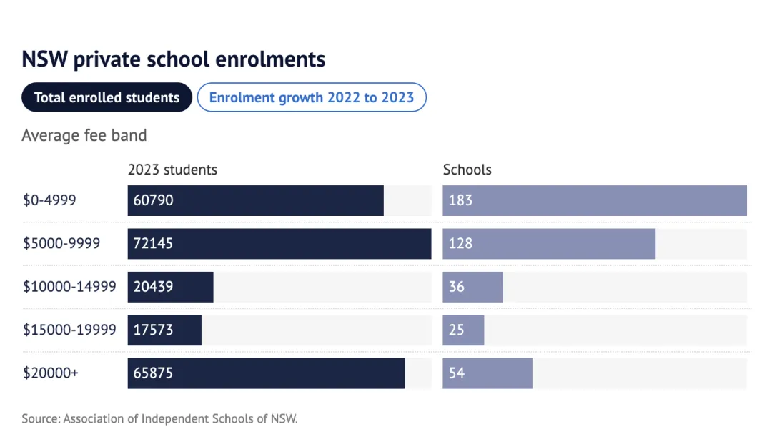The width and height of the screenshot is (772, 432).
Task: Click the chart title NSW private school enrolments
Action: [x=174, y=59]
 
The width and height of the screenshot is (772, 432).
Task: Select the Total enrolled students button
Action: [x=107, y=98]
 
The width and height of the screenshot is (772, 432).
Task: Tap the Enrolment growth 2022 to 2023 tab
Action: [x=312, y=98]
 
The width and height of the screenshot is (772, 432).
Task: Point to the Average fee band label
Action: [x=84, y=135]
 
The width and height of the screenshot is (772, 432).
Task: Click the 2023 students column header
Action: [x=172, y=170]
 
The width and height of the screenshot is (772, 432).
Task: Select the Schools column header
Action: [x=467, y=170]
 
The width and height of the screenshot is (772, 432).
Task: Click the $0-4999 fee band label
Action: [x=49, y=200]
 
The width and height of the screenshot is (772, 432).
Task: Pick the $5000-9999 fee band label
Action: [x=61, y=243]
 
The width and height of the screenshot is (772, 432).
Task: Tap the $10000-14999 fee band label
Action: [x=69, y=287]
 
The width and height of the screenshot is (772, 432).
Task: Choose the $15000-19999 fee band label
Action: [x=69, y=330]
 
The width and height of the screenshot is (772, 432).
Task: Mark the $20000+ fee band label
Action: [x=51, y=373]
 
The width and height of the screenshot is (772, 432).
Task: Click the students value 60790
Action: [x=153, y=200]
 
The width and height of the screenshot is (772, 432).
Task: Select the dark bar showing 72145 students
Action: [x=279, y=244]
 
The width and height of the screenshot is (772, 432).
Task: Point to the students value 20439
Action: [x=153, y=287]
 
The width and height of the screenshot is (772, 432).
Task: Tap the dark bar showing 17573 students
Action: [x=164, y=330]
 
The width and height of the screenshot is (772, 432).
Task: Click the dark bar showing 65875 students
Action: [x=266, y=373]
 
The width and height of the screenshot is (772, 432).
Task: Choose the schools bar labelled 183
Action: [x=595, y=200]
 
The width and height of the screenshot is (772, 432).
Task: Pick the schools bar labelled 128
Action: [x=549, y=244]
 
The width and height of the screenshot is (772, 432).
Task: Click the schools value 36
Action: [x=457, y=287]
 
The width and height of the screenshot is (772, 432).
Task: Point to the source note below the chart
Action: [x=159, y=418]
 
